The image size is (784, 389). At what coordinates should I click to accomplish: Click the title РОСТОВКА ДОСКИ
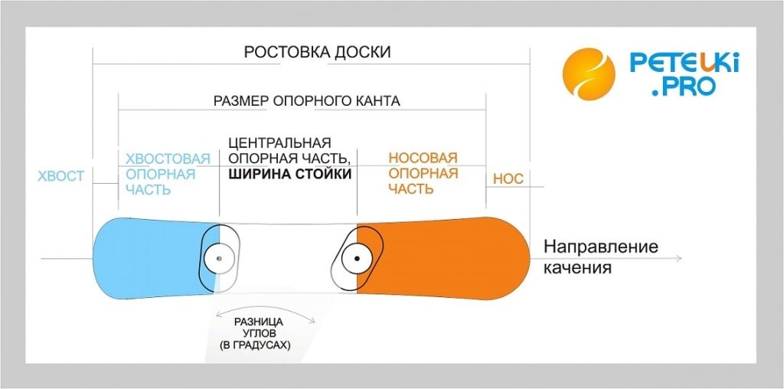(x=317, y=53)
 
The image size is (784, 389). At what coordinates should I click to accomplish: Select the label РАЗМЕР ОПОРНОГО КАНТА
(x=306, y=101)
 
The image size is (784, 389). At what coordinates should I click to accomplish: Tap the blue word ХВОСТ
(x=60, y=176)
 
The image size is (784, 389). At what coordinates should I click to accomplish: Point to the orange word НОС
(x=508, y=179)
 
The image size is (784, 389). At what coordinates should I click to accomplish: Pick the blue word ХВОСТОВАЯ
(x=168, y=159)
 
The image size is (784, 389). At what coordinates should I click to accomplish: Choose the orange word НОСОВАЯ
(x=423, y=159)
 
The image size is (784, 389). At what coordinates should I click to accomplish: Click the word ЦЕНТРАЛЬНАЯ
(x=280, y=143)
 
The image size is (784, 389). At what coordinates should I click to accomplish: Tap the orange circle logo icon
(x=589, y=74)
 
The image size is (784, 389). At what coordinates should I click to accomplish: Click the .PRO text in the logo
(x=684, y=87)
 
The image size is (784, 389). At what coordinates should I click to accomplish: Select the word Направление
(x=601, y=248)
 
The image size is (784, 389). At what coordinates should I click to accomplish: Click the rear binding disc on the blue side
(x=220, y=259)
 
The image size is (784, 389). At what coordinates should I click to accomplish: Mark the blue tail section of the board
(x=145, y=258)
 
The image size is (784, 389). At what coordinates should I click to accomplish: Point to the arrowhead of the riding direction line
(x=678, y=259)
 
